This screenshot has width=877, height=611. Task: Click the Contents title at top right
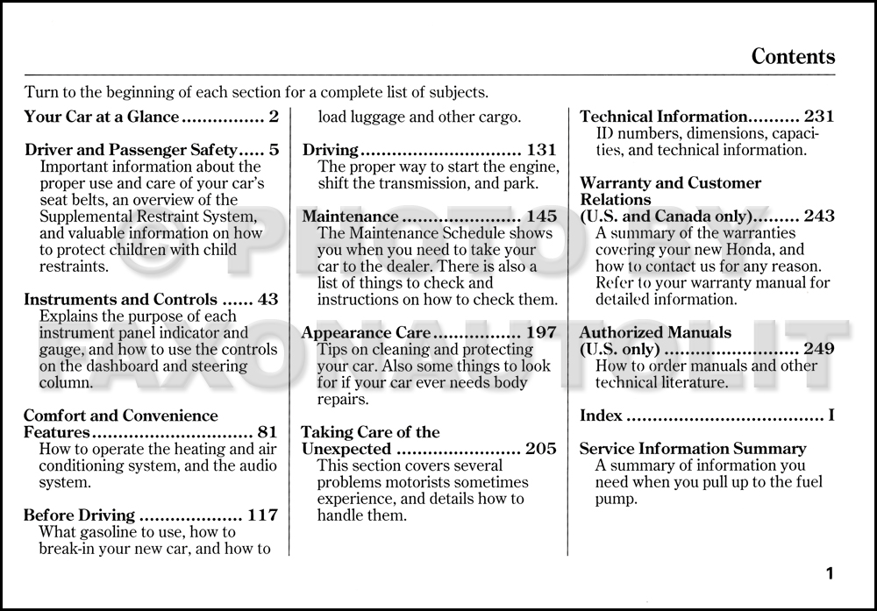pos(793,57)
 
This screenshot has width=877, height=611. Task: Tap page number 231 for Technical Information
pos(818,117)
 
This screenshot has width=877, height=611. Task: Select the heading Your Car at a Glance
pos(102,117)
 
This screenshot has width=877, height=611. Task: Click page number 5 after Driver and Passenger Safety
pos(274,150)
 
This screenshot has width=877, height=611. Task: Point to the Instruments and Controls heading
pos(120,300)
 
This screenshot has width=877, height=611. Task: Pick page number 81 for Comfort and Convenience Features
pos(267,432)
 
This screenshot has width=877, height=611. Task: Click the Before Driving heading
pos(79,515)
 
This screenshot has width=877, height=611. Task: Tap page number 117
pos(262,515)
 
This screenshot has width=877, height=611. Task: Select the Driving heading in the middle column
pos(331,150)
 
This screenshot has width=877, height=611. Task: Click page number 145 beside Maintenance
pos(540,217)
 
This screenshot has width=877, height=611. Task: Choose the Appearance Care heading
pos(366,333)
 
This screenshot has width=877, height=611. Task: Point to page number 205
pos(540,450)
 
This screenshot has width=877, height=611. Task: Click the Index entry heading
pos(601,416)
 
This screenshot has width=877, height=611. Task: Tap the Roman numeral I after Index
pos(831,416)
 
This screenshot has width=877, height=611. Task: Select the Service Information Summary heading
pos(693,449)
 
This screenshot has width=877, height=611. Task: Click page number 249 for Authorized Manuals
pos(818,350)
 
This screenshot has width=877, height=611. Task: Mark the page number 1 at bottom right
pos(829,574)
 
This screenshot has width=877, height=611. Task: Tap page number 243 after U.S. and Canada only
pos(818,217)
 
